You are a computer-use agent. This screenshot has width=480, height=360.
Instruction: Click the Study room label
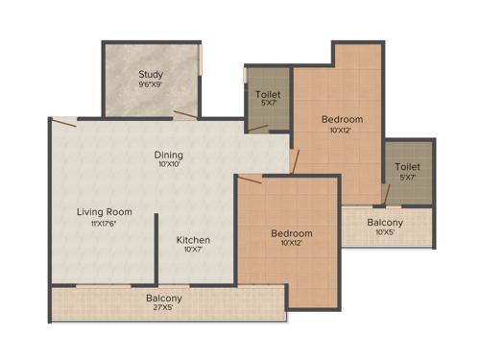tap(150, 74)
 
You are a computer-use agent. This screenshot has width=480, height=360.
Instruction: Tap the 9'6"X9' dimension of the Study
tap(150, 84)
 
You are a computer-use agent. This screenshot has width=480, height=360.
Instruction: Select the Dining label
tap(169, 155)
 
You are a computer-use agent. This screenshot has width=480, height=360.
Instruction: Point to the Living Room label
tap(105, 211)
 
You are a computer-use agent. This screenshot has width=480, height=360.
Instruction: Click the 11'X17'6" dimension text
tap(105, 223)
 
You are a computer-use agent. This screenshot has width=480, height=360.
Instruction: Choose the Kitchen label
tap(192, 239)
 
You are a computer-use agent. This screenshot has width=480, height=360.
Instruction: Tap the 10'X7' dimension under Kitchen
tap(192, 250)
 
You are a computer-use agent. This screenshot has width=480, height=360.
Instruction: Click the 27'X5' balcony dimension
tap(164, 309)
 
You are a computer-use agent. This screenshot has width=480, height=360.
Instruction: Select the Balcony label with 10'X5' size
tap(385, 223)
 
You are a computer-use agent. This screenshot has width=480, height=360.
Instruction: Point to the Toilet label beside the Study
tap(268, 94)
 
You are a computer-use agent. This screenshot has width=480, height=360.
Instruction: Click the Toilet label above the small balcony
tap(407, 167)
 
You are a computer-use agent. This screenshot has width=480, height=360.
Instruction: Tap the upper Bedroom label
tap(342, 119)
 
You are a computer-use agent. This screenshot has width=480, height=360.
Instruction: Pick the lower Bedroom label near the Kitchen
tap(291, 233)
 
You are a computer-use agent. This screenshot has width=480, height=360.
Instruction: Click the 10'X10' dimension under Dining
tap(169, 164)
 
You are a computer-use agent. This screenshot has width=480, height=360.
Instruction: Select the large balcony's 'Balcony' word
tap(164, 299)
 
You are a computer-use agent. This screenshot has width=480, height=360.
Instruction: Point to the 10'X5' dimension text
tap(385, 233)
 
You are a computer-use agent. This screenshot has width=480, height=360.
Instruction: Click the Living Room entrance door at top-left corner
tap(64, 121)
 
